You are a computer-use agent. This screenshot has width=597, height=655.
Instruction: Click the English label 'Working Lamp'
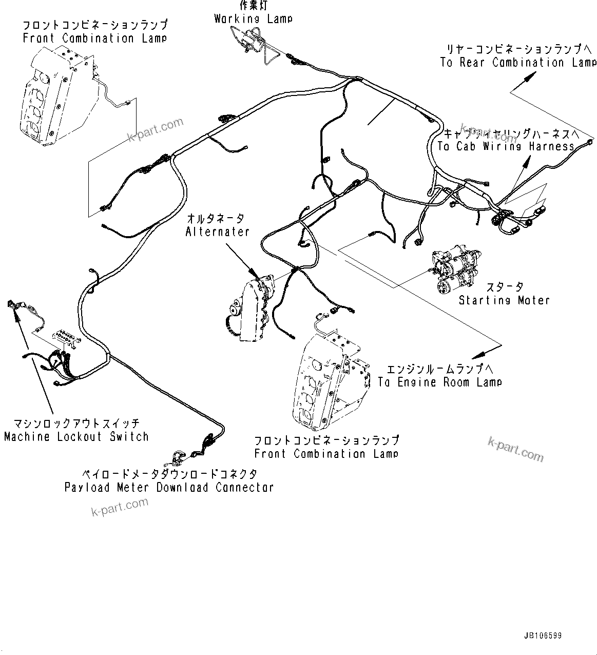click(253, 19)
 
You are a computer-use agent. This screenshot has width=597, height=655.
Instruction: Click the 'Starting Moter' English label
click(504, 300)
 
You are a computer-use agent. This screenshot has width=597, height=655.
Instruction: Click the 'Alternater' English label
click(217, 232)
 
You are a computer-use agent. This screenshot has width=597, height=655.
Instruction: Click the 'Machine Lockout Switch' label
click(76, 437)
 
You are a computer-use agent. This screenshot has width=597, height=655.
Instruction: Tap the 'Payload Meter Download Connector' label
click(169, 487)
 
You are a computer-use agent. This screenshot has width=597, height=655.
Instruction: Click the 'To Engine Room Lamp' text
click(439, 382)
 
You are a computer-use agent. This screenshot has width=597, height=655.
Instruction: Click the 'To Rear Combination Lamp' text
click(518, 63)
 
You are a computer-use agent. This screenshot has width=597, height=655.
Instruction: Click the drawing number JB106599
click(543, 635)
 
